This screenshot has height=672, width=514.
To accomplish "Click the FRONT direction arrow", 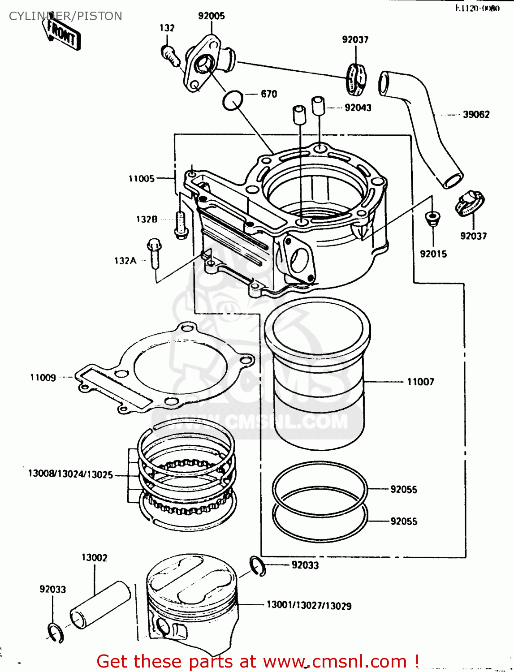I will [63, 34].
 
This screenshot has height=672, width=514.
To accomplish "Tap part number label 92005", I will [212, 16].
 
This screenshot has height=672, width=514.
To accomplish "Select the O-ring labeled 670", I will [233, 100].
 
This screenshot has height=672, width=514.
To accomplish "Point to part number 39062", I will [476, 115].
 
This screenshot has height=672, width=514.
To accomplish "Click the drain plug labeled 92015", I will [432, 218].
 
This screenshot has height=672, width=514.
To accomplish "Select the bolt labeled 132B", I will [181, 225].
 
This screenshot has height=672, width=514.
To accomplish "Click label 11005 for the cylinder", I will [142, 179].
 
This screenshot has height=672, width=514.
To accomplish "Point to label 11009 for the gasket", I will [43, 378].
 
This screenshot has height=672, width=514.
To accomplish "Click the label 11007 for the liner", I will [420, 382].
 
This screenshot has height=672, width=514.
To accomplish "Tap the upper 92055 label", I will [403, 490].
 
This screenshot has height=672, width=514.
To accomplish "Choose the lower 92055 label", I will [403, 521].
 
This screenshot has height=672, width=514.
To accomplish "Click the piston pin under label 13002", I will [100, 605].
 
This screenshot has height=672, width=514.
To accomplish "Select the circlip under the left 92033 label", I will [56, 633].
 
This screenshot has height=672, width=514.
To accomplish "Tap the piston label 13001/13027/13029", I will [309, 606].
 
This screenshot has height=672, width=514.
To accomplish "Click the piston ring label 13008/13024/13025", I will [70, 474].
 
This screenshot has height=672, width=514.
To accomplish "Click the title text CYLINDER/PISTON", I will [65, 16].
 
